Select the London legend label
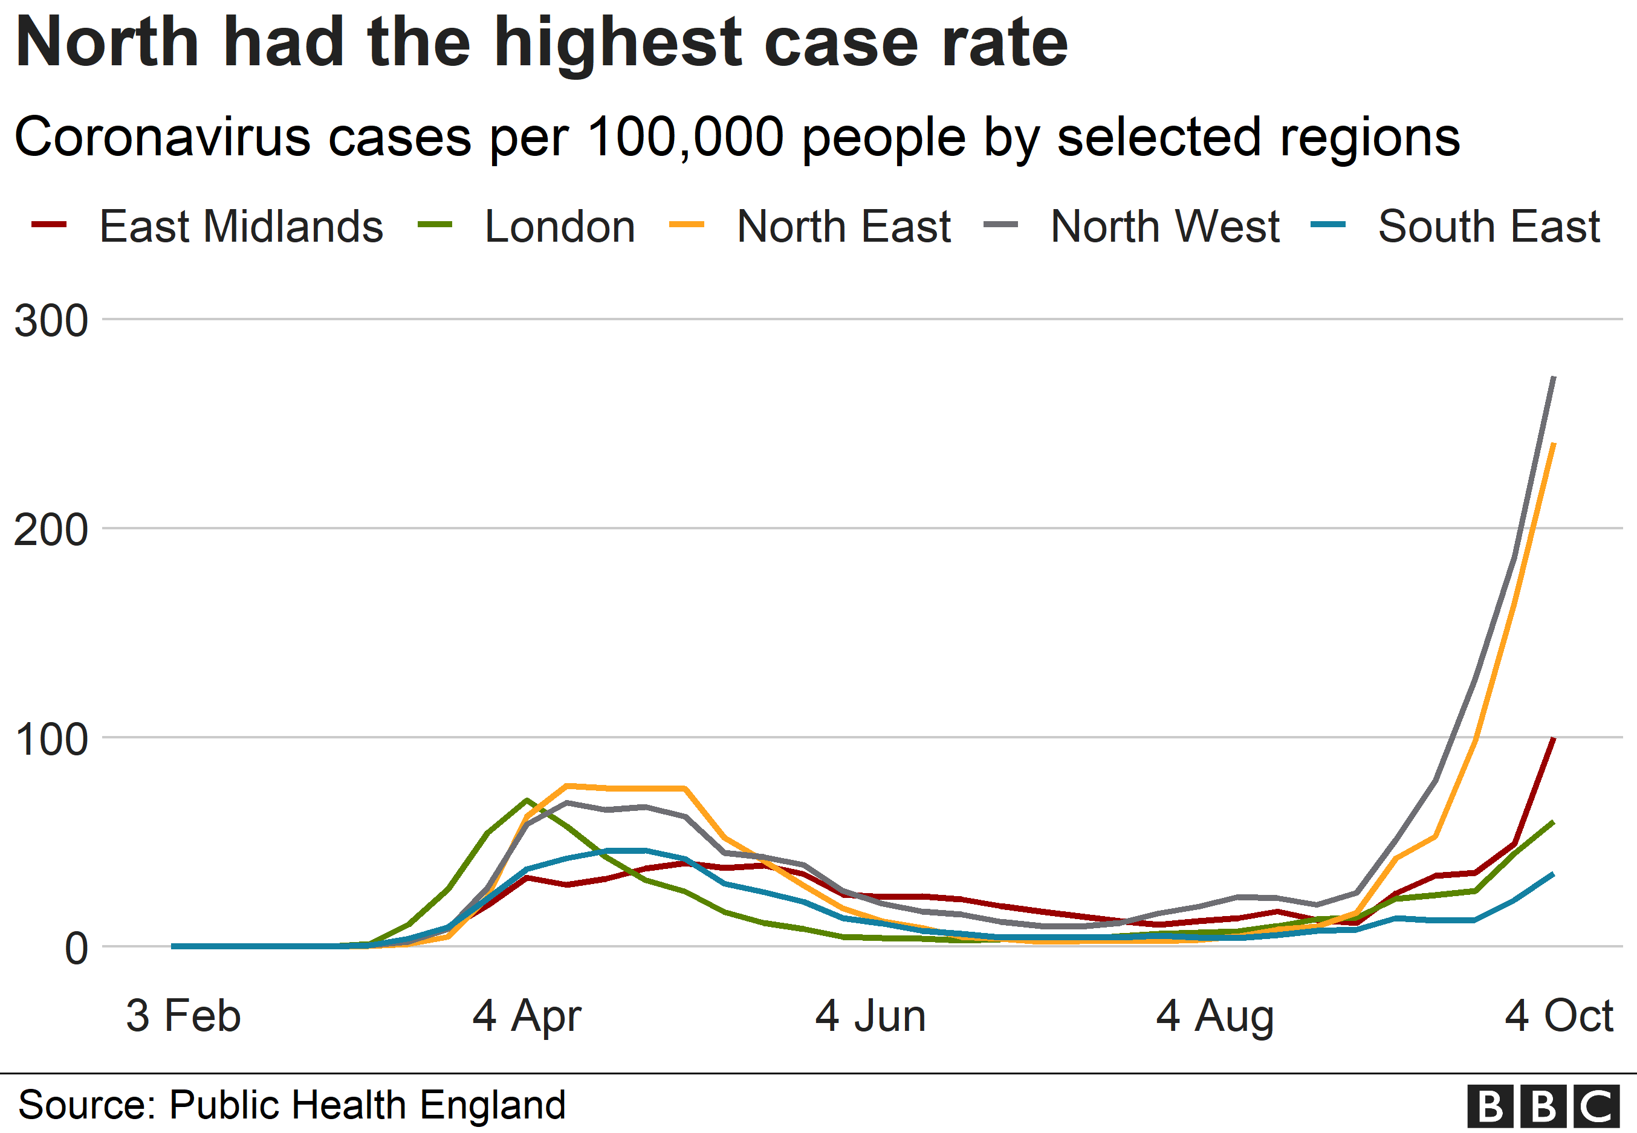point(559,227)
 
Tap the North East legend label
point(843,227)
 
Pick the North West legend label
point(1164,227)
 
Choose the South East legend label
point(1488,227)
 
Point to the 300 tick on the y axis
point(51,321)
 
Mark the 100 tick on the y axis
point(51,739)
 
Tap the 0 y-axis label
point(76,949)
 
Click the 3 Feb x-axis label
point(183,1016)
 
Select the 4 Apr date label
point(527,1016)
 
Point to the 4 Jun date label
point(870,1016)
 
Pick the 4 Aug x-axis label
point(1214,1016)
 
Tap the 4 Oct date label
point(1558,1016)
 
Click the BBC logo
point(1543,1105)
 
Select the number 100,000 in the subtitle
point(686,137)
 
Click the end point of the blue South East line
point(1553,874)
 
